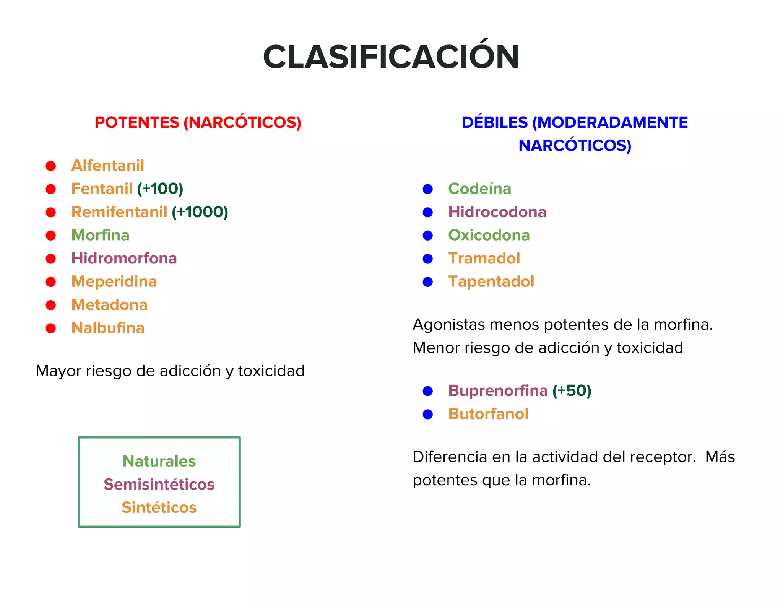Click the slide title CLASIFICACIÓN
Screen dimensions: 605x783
(391, 57)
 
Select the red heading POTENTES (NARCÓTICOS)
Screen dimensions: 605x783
(198, 123)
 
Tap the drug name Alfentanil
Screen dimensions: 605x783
(108, 166)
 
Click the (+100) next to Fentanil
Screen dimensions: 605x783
(160, 189)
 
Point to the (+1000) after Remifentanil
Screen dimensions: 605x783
(200, 212)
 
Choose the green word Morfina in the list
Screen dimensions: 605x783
(101, 235)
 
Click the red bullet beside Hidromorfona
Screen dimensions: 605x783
(51, 259)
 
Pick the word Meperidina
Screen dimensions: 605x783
(114, 282)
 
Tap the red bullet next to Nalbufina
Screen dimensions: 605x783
(51, 329)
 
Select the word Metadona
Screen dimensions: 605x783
(110, 305)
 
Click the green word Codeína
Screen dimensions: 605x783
(479, 189)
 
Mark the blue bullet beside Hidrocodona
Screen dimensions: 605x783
(428, 213)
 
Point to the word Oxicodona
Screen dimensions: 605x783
(489, 235)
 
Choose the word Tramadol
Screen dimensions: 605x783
(484, 259)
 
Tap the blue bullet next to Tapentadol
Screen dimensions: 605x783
(428, 282)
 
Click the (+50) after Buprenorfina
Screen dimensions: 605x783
(572, 391)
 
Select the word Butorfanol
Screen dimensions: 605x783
(488, 414)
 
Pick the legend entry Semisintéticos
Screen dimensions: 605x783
(159, 485)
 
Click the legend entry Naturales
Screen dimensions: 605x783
(159, 461)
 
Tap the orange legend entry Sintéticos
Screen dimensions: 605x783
(159, 508)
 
